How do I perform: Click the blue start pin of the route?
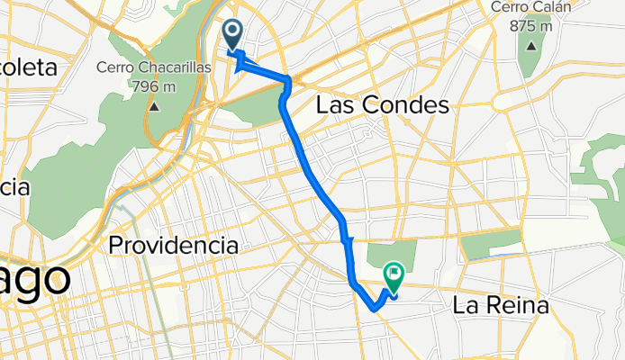coord(232,34)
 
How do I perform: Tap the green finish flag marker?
coord(394,272)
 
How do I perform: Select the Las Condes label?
coord(382,106)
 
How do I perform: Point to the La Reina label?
coord(500,306)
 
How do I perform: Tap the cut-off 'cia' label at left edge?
coord(14,187)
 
